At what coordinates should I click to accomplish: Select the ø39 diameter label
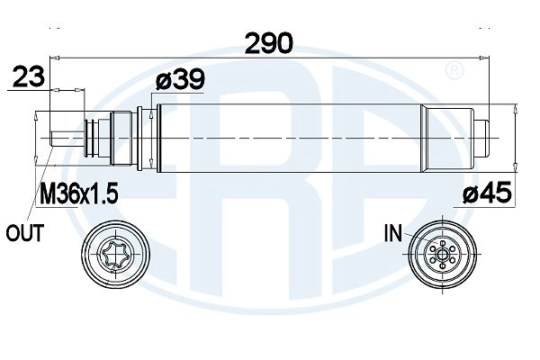179,80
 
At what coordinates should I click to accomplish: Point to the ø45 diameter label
487,192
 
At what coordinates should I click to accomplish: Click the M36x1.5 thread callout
79,193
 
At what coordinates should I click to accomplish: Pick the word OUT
25,234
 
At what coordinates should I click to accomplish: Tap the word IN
392,235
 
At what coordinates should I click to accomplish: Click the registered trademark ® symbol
455,70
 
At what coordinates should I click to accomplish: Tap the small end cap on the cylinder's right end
481,137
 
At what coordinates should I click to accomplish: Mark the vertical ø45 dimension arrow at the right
514,137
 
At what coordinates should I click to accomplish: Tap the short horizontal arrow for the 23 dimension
69,90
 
